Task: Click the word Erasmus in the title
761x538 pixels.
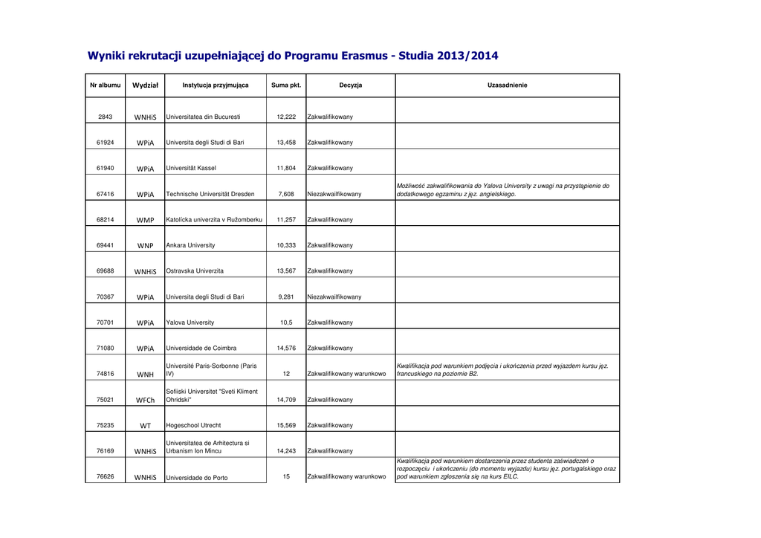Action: pos(368,56)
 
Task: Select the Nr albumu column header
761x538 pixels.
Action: pos(105,85)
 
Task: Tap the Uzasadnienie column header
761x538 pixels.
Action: pos(507,85)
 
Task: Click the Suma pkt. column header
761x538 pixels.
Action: pos(286,85)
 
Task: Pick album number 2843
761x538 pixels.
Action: pos(105,117)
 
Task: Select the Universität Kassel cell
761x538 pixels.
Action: pos(191,169)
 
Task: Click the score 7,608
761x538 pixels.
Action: pos(286,195)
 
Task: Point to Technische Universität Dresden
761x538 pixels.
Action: pos(210,195)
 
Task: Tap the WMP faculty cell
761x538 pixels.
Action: pos(146,220)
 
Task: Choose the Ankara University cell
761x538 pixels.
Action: pos(190,245)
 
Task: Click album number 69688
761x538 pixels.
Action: pos(105,271)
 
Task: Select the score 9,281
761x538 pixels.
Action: pos(286,297)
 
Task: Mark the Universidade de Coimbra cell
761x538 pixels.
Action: pos(201,349)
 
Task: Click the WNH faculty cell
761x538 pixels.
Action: pos(146,375)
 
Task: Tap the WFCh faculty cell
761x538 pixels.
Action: pos(146,400)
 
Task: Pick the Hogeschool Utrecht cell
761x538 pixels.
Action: pos(193,426)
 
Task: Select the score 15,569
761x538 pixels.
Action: pos(286,426)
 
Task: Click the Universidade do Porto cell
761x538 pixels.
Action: pos(197,478)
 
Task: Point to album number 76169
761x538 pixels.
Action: pos(105,451)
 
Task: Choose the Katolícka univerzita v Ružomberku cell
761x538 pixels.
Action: pos(214,220)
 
